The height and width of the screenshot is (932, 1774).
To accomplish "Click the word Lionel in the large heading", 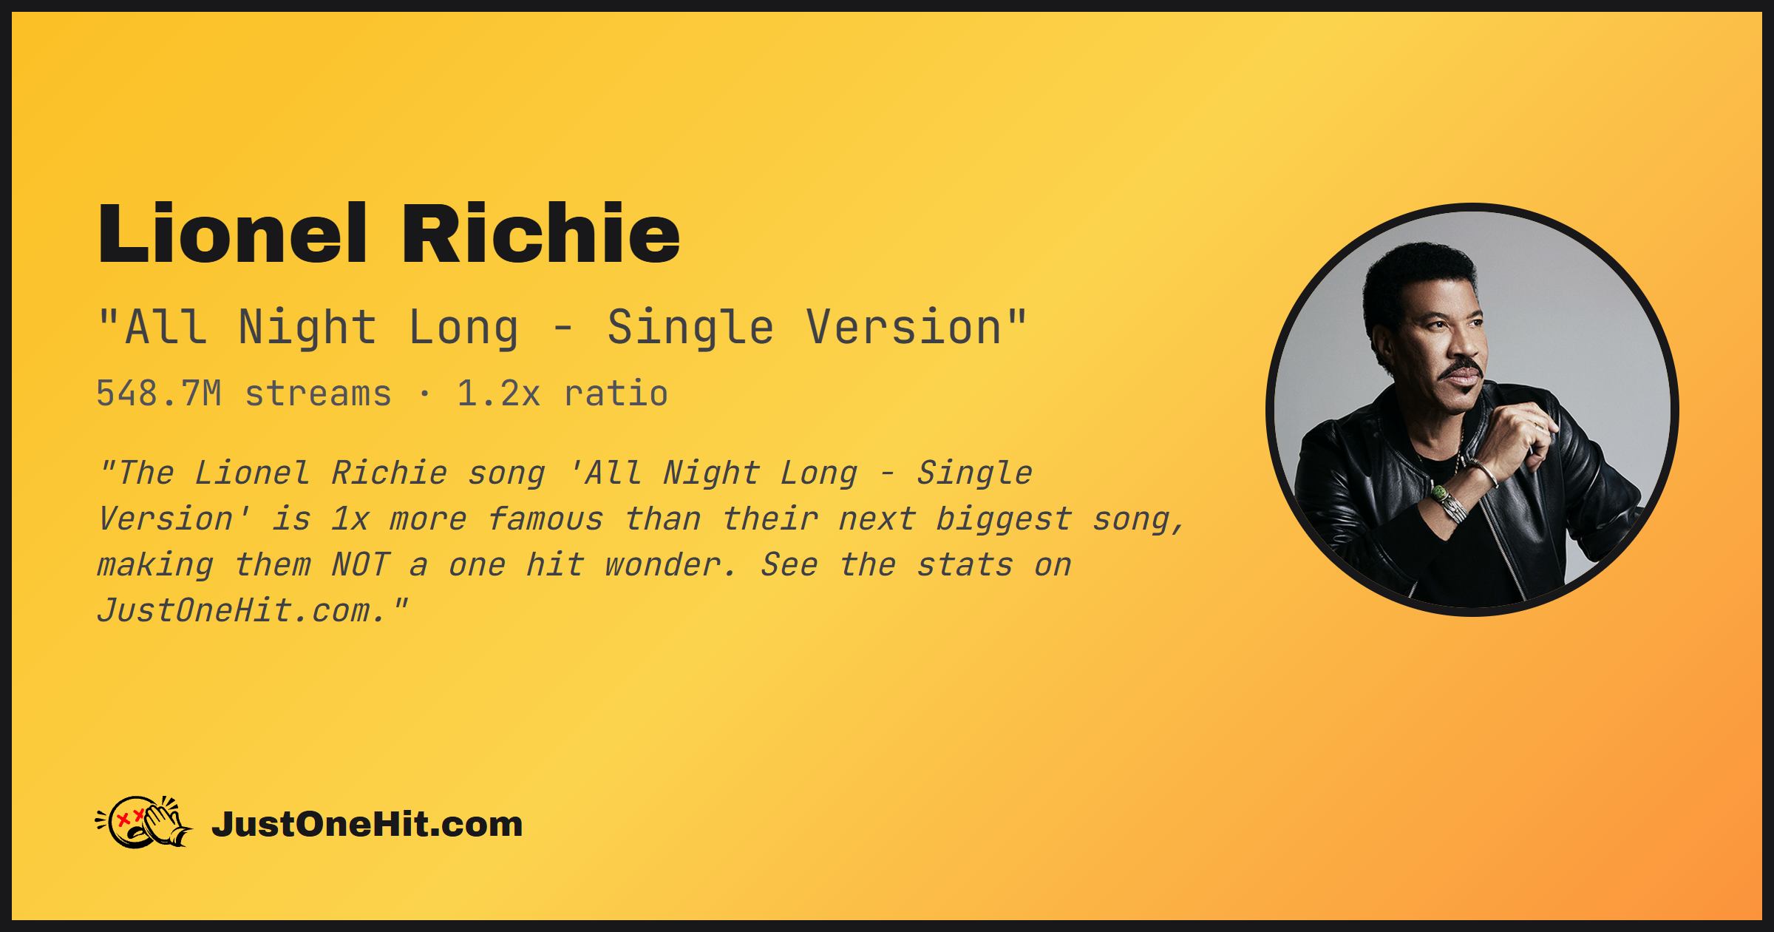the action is pyautogui.click(x=232, y=233).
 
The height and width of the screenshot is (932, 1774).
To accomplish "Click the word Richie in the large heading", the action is pyautogui.click(x=540, y=233).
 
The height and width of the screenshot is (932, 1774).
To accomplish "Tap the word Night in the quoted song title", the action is pyautogui.click(x=307, y=328).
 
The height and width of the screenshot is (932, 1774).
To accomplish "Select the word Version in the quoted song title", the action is pyautogui.click(x=903, y=327).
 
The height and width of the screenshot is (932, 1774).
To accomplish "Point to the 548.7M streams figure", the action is pyautogui.click(x=244, y=393).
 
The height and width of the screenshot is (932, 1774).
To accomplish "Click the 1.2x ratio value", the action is pyautogui.click(x=563, y=393).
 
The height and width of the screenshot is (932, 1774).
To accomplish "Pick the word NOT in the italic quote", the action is pyautogui.click(x=360, y=565).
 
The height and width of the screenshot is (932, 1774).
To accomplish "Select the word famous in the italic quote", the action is pyautogui.click(x=546, y=519).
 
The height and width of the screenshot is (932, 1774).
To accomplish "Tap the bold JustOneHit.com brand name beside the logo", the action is pyautogui.click(x=367, y=824).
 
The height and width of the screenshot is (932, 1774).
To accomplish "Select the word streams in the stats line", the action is pyautogui.click(x=318, y=394).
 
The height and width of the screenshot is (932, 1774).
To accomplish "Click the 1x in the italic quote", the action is pyautogui.click(x=350, y=519).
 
